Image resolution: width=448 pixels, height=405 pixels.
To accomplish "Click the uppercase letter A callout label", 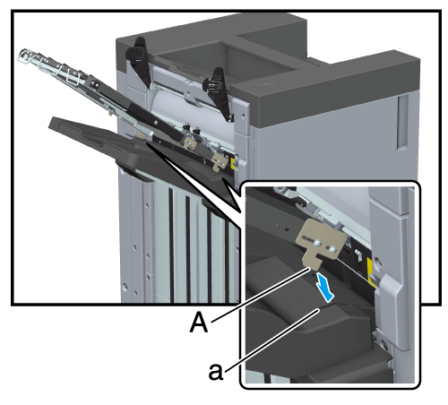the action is (199, 322).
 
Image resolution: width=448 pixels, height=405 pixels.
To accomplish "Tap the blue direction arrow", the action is (324, 287).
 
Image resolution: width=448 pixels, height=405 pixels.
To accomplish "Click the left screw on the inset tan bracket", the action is (317, 244).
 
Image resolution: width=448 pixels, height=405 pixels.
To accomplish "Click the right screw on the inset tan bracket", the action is (332, 248).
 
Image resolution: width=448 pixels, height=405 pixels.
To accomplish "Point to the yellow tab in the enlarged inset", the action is (371, 271).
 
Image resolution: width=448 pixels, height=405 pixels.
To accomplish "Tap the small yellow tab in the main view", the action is (234, 163).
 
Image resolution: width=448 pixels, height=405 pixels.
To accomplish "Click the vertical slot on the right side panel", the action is (402, 123).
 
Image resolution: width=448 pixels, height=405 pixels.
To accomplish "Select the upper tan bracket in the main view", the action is (190, 143).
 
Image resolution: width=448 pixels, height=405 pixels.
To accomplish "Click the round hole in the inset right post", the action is (376, 263).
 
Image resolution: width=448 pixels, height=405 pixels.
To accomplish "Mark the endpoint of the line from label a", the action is (319, 310).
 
